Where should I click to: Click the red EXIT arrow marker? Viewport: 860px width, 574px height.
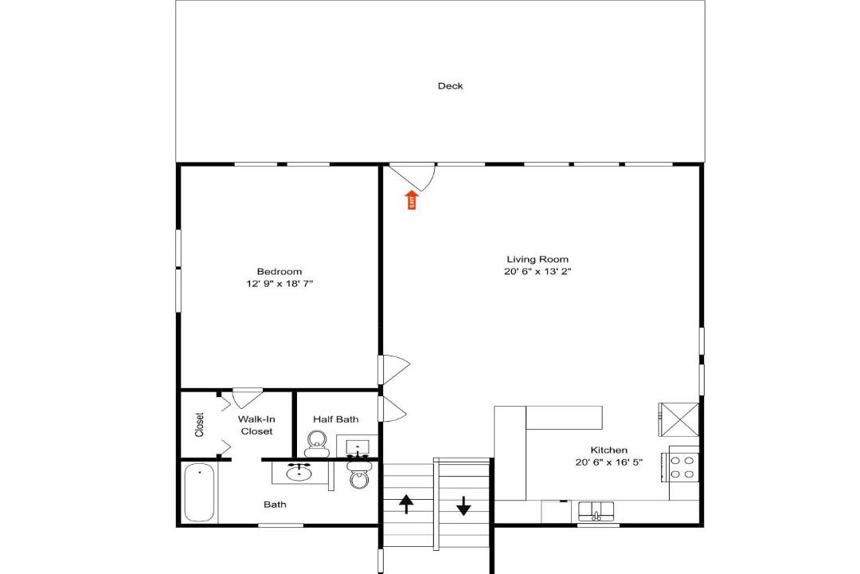click(x=412, y=200)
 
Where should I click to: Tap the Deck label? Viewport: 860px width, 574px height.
click(x=450, y=85)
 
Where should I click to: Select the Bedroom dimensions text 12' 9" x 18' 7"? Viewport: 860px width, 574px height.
click(x=279, y=284)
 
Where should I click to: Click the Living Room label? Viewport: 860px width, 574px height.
click(x=537, y=259)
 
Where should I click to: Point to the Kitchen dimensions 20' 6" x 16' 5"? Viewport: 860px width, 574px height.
click(x=609, y=462)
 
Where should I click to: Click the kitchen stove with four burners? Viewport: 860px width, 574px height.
click(x=683, y=466)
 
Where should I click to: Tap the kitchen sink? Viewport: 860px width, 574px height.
click(x=596, y=511)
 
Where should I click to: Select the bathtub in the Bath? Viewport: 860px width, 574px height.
click(x=199, y=493)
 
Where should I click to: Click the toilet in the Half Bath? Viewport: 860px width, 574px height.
click(x=316, y=444)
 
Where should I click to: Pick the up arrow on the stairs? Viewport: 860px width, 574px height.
click(x=406, y=504)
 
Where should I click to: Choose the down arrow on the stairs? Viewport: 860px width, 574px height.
click(x=464, y=506)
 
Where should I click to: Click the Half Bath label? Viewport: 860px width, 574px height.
click(x=336, y=419)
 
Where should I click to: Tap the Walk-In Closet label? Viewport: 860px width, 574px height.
click(x=256, y=425)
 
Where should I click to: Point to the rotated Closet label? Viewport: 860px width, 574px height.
click(x=199, y=425)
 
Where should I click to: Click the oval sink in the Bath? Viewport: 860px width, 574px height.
click(x=299, y=473)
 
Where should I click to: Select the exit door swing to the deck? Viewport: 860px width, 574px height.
click(x=412, y=177)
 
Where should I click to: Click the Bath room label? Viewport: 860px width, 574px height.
click(x=275, y=504)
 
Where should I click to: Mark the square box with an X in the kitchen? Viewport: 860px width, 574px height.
click(x=679, y=419)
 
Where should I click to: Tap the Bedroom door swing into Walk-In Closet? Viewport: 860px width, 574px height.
click(x=248, y=398)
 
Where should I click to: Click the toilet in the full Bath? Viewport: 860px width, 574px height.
click(x=359, y=476)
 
